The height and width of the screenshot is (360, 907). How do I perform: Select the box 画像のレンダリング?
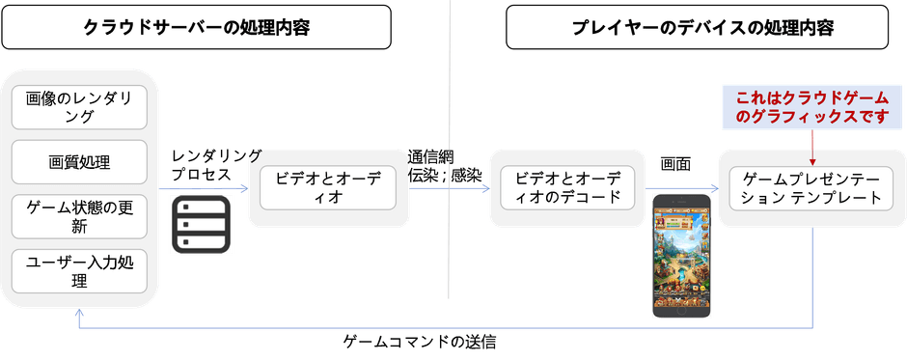pos(80,106)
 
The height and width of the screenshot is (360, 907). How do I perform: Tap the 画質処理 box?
pos(80,161)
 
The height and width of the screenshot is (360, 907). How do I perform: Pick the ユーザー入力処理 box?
pos(80,271)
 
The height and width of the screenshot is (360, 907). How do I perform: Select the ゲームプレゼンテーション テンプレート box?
pos(811,187)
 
